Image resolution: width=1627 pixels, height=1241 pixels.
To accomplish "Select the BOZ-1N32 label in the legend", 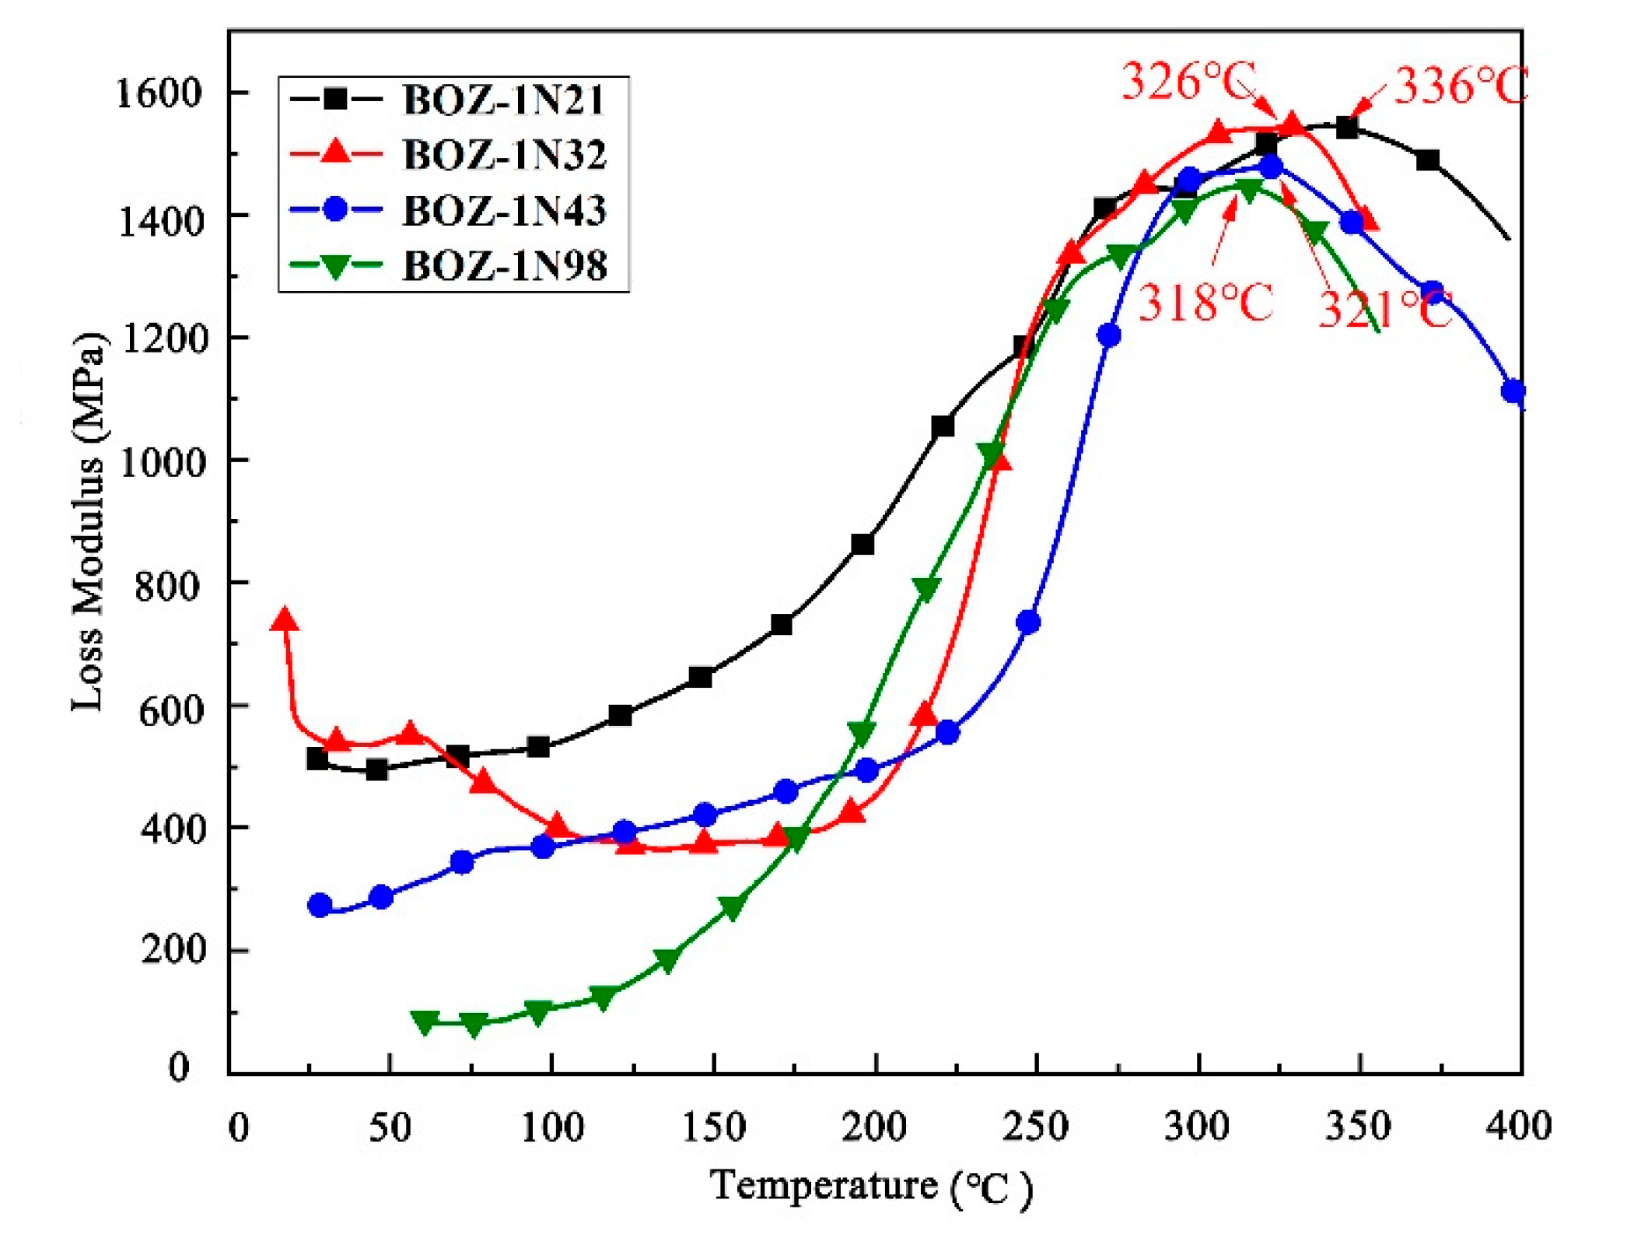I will pyautogui.click(x=504, y=154).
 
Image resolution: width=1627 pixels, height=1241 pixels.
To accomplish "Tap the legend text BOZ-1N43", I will pyautogui.click(x=504, y=210).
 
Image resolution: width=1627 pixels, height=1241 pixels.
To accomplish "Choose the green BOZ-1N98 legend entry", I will pyautogui.click(x=504, y=265).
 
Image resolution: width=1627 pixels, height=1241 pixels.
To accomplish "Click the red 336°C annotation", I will pyautogui.click(x=1461, y=86).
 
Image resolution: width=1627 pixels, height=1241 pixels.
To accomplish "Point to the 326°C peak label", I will pyautogui.click(x=1188, y=81).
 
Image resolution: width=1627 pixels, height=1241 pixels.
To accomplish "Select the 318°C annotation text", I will pyautogui.click(x=1205, y=302).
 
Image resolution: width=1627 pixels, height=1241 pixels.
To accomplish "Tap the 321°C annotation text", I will pyautogui.click(x=1384, y=310).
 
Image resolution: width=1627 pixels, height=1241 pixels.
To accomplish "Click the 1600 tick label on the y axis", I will pyautogui.click(x=159, y=93).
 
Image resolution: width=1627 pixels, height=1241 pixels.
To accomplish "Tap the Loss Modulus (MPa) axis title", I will pyautogui.click(x=87, y=521).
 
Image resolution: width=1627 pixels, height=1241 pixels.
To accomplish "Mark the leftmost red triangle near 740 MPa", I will pyautogui.click(x=285, y=620).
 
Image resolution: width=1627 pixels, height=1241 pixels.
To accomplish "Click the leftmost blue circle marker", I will pyautogui.click(x=320, y=905).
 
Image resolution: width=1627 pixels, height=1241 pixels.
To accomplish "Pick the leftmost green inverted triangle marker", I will pyautogui.click(x=425, y=1022).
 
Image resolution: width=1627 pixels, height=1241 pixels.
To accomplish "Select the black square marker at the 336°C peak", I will pyautogui.click(x=1347, y=128).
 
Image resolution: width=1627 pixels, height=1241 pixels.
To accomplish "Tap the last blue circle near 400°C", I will pyautogui.click(x=1513, y=391).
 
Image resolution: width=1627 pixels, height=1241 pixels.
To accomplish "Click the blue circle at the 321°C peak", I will pyautogui.click(x=1271, y=167).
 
